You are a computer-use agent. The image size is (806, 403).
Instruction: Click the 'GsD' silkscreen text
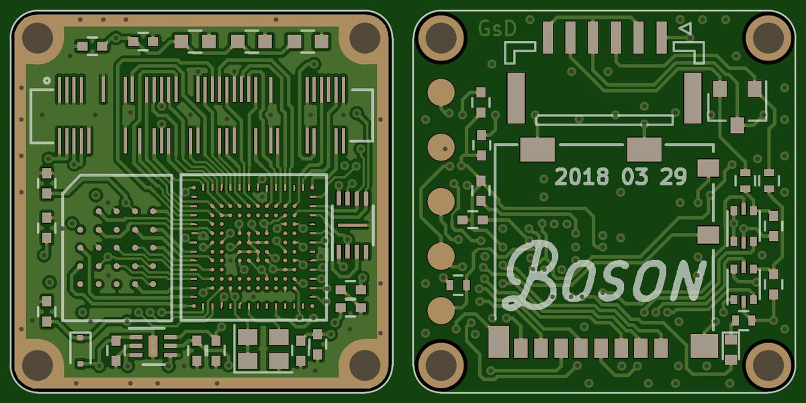pyautogui.click(x=498, y=29)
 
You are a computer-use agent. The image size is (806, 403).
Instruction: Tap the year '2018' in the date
pyautogui.click(x=582, y=177)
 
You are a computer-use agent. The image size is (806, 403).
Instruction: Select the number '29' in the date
pyautogui.click(x=673, y=177)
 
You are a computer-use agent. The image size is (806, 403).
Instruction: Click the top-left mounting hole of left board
pyautogui.click(x=38, y=38)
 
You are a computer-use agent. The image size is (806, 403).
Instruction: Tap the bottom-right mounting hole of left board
pyautogui.click(x=365, y=365)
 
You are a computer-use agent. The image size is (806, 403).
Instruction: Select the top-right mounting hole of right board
pyautogui.click(x=768, y=38)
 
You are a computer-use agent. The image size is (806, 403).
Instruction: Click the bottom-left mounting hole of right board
pyautogui.click(x=441, y=366)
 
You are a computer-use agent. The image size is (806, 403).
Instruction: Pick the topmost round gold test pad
pyautogui.click(x=441, y=93)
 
